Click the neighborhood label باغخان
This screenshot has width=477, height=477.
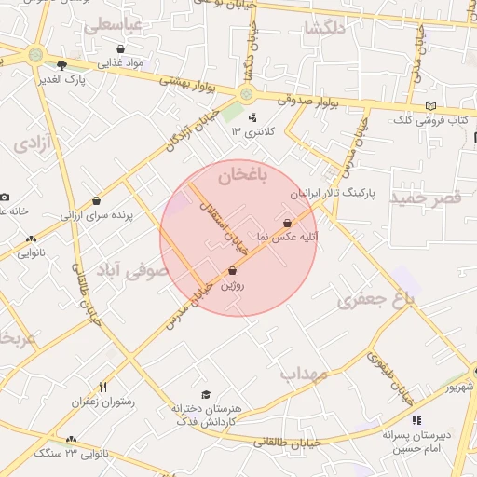click(242, 175)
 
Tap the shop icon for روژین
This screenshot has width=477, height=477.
click(231, 270)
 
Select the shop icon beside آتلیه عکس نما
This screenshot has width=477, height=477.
click(286, 223)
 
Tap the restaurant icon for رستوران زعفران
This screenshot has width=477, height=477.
click(102, 387)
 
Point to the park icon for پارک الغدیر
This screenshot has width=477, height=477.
click(61, 65)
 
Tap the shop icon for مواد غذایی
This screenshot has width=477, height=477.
click(121, 48)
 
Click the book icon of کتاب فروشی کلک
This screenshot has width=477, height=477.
click(429, 106)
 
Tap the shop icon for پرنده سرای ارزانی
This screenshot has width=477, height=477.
click(97, 200)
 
